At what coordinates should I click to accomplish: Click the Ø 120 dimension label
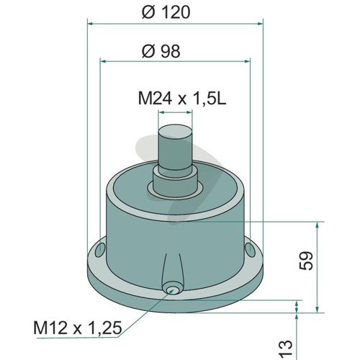166,12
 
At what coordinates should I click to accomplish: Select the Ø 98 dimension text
161,51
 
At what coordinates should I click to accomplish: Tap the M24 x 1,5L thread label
182,99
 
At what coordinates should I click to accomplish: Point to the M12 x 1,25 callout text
78,328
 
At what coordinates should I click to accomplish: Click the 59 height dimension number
307,261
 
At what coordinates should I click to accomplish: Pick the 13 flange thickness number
286,348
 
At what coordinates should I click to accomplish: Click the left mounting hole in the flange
100,250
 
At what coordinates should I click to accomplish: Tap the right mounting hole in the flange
250,249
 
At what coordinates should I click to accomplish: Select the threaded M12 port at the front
171,290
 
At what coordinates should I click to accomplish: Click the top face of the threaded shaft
176,130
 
